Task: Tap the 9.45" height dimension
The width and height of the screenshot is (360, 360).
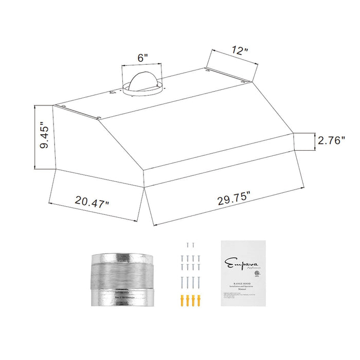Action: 44,137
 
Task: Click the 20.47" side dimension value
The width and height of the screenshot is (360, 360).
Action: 92,201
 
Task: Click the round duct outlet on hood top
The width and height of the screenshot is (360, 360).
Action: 142,85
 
